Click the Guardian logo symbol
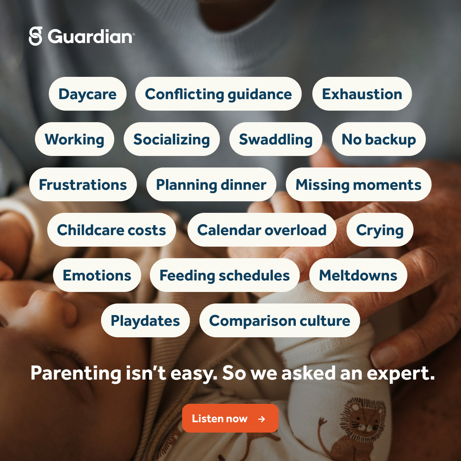[x=35, y=36]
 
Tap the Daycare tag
[x=88, y=94]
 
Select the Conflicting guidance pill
[x=218, y=94]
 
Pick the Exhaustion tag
[x=362, y=94]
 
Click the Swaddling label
[x=275, y=139]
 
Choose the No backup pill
[x=379, y=139]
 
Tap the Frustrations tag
[x=83, y=184]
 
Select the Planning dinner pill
[x=211, y=184]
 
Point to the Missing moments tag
[x=358, y=184]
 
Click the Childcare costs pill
[x=111, y=230]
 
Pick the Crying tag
[x=380, y=230]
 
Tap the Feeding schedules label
[x=225, y=275]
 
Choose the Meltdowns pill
[x=358, y=275]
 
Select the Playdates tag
[x=145, y=320]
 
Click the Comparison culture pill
[x=279, y=320]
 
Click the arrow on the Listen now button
[x=262, y=419]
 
